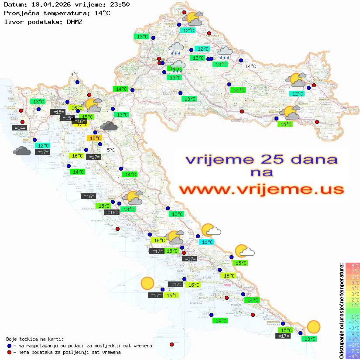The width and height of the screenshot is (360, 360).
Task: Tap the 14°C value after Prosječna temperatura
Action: [x=102, y=13]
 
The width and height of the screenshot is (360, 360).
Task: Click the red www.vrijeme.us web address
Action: [x=261, y=189]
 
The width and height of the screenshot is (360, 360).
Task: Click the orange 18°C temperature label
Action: [x=95, y=138]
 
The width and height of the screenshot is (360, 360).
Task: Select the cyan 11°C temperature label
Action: [x=206, y=242]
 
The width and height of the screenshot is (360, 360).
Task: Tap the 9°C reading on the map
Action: [x=74, y=75]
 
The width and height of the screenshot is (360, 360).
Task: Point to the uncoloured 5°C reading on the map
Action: [x=111, y=150]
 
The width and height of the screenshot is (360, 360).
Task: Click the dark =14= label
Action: [x=20, y=128]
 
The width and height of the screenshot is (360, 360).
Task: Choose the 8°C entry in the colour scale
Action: [x=353, y=265]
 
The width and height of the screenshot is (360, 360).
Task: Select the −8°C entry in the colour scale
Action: [x=353, y=356]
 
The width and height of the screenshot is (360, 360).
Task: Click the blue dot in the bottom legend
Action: [x=9, y=346]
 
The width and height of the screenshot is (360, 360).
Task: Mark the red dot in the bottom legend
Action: [x=9, y=352]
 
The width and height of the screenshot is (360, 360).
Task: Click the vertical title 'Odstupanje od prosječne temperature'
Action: [x=341, y=311]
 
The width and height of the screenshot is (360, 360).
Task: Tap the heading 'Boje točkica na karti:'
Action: [x=35, y=339]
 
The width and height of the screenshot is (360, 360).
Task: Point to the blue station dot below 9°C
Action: [x=77, y=82]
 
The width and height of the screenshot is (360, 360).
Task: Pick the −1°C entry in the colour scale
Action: [x=353, y=316]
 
